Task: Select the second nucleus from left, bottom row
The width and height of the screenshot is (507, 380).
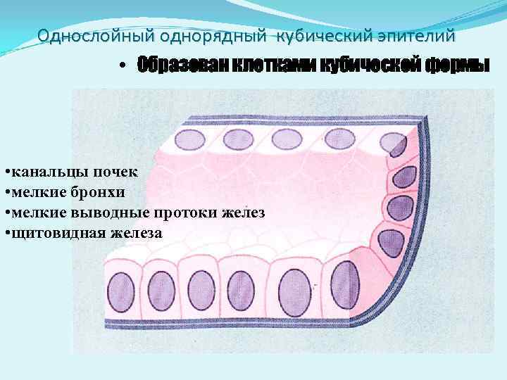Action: (x=161, y=290)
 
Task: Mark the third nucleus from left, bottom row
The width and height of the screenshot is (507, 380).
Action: (x=201, y=290)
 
